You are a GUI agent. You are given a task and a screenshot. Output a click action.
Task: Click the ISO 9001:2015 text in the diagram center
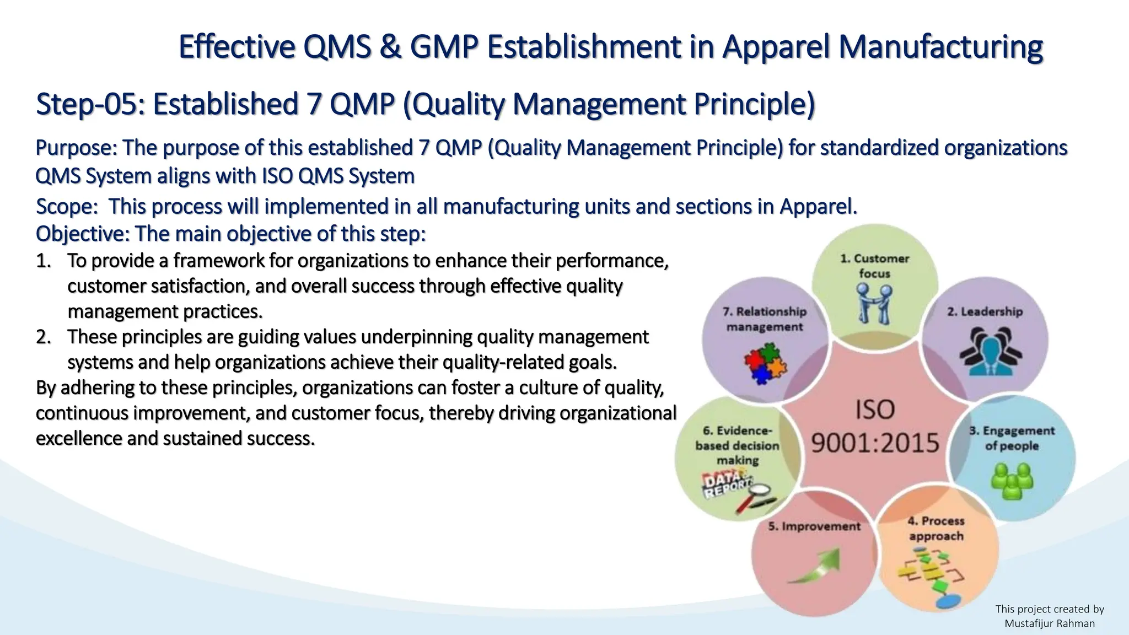pos(875,426)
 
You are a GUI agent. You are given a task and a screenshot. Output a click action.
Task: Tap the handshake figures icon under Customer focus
pos(874,303)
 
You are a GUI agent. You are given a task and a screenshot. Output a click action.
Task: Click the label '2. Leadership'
pos(985,311)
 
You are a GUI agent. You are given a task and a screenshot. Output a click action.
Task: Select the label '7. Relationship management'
pos(765,319)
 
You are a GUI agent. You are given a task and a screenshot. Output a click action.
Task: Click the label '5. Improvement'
pos(814,526)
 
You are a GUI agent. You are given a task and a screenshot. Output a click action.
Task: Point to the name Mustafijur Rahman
pos(1050,623)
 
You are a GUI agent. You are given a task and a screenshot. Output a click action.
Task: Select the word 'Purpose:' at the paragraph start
pos(76,148)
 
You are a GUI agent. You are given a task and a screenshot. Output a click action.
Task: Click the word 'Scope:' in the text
pos(67,207)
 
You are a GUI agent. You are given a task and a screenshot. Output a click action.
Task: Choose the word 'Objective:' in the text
pos(83,234)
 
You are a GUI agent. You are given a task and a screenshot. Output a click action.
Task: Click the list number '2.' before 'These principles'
pos(44,337)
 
